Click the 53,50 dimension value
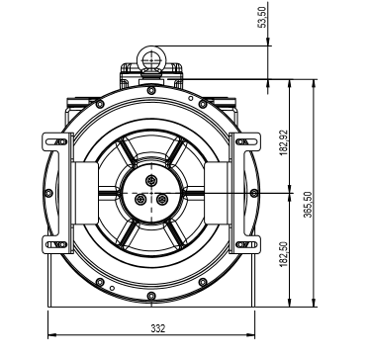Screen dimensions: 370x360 point(263,18)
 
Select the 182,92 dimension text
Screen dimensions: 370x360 point(284,142)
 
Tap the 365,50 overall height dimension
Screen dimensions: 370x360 point(308,205)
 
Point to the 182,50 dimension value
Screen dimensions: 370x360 point(284,255)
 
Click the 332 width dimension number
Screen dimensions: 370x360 point(158,328)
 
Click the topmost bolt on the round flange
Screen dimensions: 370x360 point(151,90)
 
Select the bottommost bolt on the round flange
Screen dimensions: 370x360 point(151,296)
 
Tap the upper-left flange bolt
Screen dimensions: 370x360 point(100,104)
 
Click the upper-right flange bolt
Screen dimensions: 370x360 point(203,104)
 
